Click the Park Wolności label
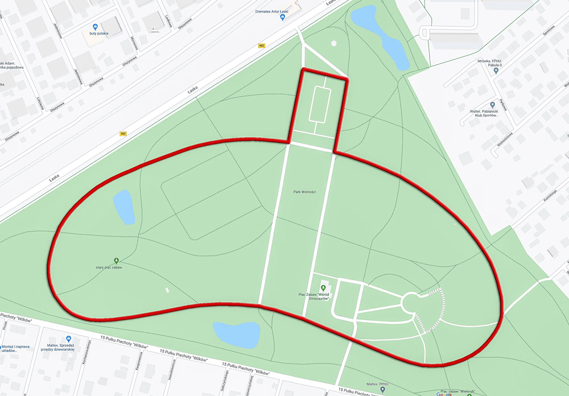[304, 192]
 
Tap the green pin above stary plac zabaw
[116, 261]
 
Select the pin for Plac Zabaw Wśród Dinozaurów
[323, 288]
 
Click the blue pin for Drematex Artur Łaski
[283, 18]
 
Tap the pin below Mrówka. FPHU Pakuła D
[496, 72]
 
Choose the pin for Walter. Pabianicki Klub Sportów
[493, 105]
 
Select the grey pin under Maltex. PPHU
[382, 390]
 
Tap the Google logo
[444, 394]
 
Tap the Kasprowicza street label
[139, 365]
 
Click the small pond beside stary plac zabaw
[123, 207]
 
